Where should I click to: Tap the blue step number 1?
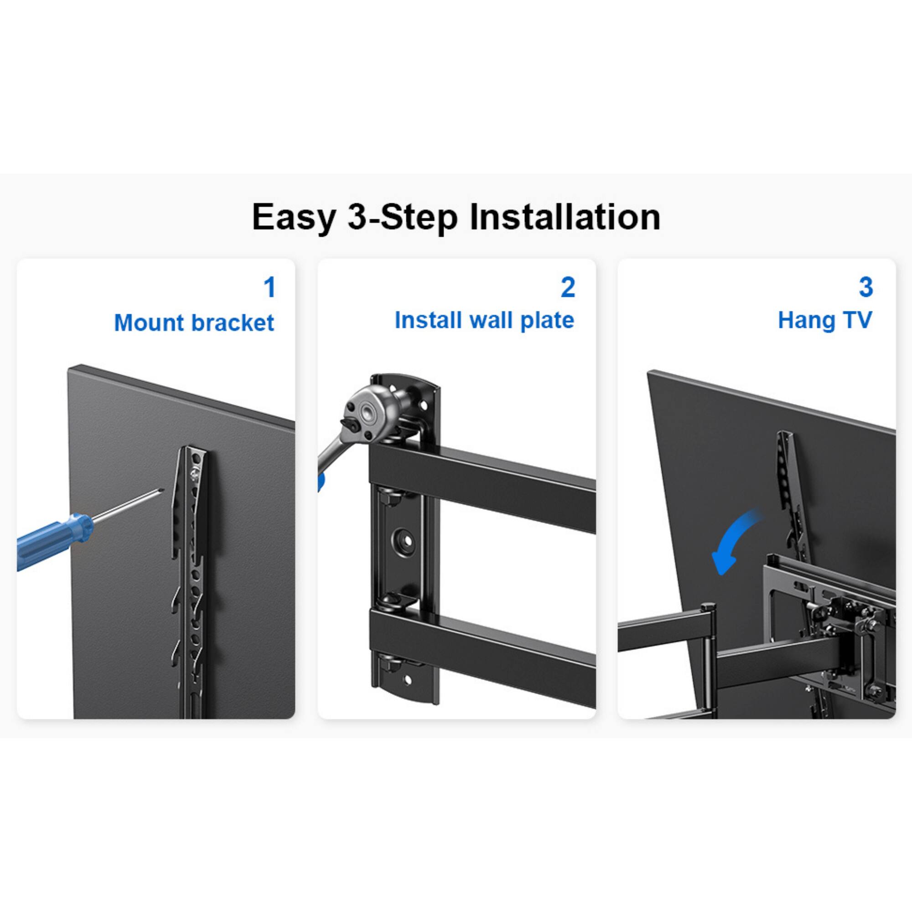pyautogui.click(x=269, y=287)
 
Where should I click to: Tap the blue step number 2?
pyautogui.click(x=567, y=287)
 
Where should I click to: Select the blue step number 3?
pyautogui.click(x=865, y=287)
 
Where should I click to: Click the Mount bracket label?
pyautogui.click(x=194, y=323)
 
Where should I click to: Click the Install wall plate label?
pyautogui.click(x=484, y=321)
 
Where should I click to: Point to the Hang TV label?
pyautogui.click(x=824, y=321)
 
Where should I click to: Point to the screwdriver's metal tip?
pyautogui.click(x=161, y=492)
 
